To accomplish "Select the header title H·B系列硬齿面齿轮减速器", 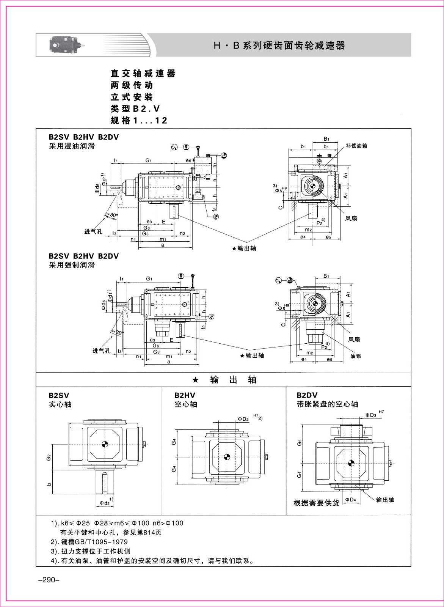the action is pos(279,45).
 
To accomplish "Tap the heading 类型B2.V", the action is pos(135,109).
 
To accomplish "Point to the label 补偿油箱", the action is pos(356,146).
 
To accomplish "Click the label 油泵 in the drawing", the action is pos(356,356).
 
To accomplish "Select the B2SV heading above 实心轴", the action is pos(59,395).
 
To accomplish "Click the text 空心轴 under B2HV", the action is pos(186,404).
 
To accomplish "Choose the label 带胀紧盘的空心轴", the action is pos(327,404).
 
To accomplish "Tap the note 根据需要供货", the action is pos(316,503).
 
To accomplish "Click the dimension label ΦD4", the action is pos(351,499).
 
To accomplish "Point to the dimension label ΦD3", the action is pos(371,415).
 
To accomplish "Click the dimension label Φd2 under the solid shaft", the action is pos(105,503).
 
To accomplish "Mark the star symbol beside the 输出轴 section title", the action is pos(196,381).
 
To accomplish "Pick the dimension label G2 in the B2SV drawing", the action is pos(48,458).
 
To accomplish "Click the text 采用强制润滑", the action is pos(72,265).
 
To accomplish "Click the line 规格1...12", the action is pos(139,120).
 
